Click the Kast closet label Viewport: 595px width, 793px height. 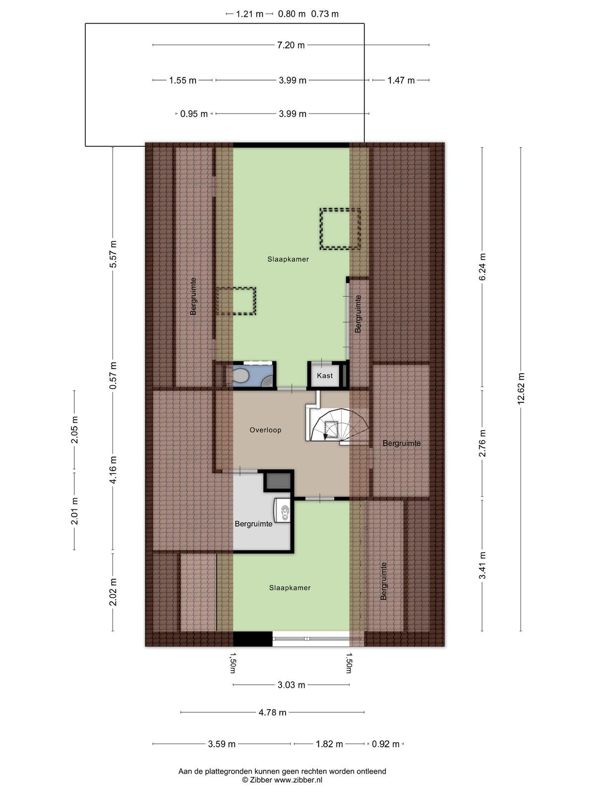(x=324, y=376)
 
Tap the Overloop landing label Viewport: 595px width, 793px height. (x=265, y=430)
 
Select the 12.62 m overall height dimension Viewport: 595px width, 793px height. (x=521, y=389)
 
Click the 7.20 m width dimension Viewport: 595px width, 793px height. (x=291, y=45)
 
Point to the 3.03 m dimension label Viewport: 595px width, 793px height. (x=291, y=684)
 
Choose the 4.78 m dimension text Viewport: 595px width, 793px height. (x=272, y=712)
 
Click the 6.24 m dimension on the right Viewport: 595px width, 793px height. (x=482, y=267)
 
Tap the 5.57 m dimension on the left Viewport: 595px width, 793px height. (x=113, y=254)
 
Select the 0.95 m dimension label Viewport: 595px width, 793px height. (x=194, y=114)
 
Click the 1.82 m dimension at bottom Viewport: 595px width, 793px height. (x=329, y=744)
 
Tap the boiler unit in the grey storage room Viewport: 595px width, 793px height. (x=282, y=510)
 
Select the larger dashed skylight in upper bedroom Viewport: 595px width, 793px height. (x=340, y=228)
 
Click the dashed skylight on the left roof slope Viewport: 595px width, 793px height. (x=236, y=301)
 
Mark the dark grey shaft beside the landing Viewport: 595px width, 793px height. (x=279, y=481)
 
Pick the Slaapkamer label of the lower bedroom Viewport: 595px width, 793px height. (x=290, y=588)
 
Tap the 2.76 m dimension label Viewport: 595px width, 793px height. (x=482, y=443)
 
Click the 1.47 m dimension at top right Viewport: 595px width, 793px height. (x=401, y=80)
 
